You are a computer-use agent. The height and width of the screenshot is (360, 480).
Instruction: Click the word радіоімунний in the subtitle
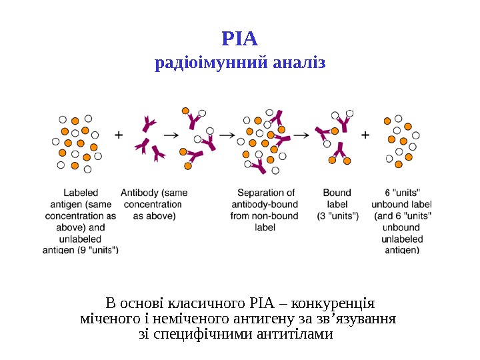[210, 64]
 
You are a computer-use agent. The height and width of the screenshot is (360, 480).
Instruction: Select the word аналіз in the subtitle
[298, 64]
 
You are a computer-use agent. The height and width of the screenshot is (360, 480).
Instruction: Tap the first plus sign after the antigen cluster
[119, 135]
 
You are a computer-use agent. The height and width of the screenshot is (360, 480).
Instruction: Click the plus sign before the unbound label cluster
[365, 135]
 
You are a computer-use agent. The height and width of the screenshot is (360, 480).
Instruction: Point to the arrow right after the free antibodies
[171, 135]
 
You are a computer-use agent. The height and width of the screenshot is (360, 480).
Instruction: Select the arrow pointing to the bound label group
[301, 135]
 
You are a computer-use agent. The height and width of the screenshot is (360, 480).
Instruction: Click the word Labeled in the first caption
[80, 193]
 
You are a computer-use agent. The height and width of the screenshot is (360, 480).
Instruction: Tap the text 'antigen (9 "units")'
[81, 250]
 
